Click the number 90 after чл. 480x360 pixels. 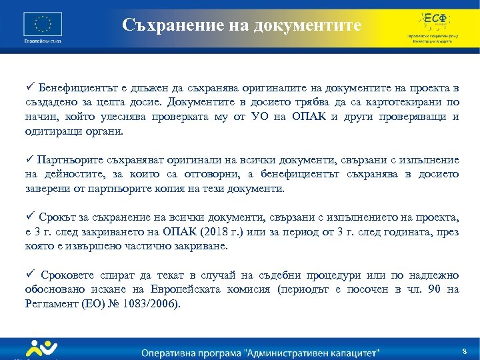coord(437,289)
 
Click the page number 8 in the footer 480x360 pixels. coord(464,351)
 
